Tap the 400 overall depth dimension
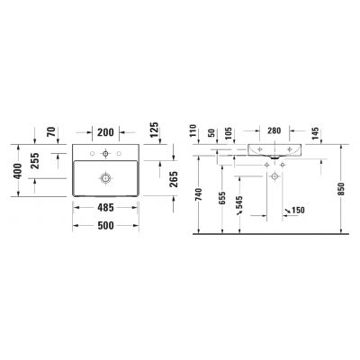[15, 170]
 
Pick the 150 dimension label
[298, 211]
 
